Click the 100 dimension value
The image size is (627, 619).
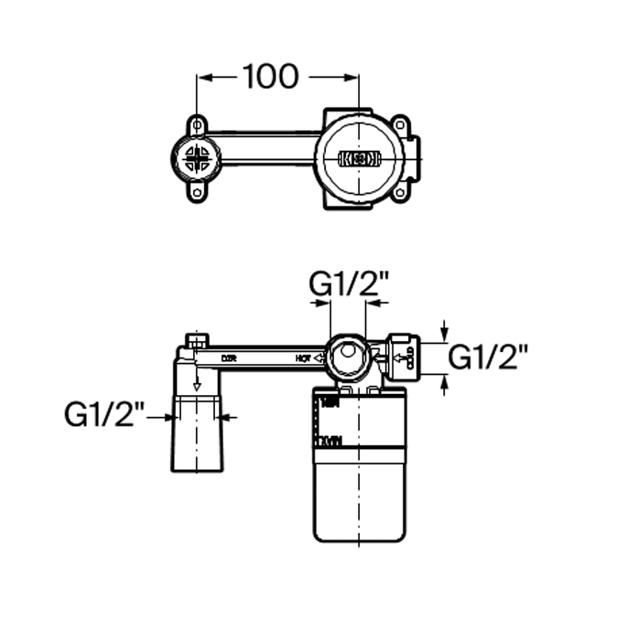tap(271, 77)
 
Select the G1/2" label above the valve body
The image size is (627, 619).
tap(350, 285)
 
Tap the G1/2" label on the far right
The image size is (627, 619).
tap(492, 357)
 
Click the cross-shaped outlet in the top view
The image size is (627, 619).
tap(197, 159)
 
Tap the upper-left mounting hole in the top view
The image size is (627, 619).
tap(197, 123)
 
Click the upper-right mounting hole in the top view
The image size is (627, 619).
tap(401, 123)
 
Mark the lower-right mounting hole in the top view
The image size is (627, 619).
tap(401, 194)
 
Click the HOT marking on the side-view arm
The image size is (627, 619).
tap(303, 358)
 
